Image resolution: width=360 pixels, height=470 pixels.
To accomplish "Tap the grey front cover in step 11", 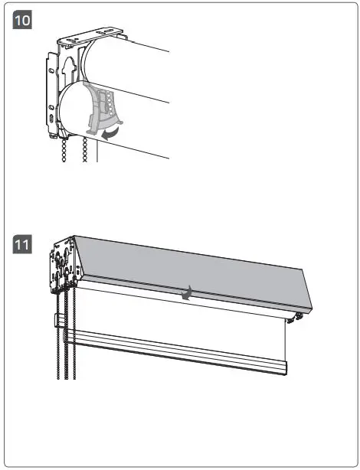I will point(191,268).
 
